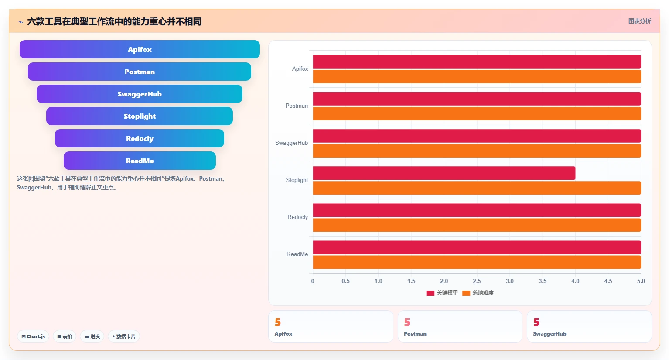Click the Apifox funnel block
[x=140, y=49]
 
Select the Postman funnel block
[x=140, y=72]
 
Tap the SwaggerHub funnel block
[x=140, y=94]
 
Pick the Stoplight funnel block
[x=140, y=116]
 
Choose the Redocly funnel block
[x=140, y=138]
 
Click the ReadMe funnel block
[x=140, y=161]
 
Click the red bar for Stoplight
[x=444, y=173]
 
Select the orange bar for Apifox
[x=477, y=76]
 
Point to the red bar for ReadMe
[x=477, y=247]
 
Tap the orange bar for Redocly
[x=477, y=225]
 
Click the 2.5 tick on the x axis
[x=477, y=281]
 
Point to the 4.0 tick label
[x=575, y=281]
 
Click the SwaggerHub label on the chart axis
[x=291, y=143]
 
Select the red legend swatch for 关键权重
[x=430, y=293]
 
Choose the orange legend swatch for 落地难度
[x=466, y=293]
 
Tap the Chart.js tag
[x=33, y=336]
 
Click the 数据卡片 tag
[x=124, y=336]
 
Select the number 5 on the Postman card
[x=407, y=322]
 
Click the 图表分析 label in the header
[x=639, y=21]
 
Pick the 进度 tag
[x=92, y=336]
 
